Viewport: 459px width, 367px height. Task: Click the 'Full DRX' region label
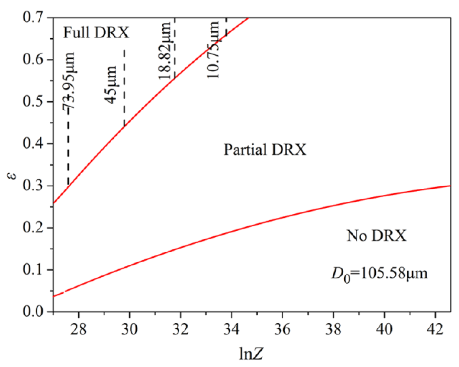(96, 32)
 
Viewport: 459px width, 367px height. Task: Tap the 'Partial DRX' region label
(265, 150)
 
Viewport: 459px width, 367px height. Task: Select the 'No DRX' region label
(376, 236)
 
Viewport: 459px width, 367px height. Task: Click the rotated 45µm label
(111, 85)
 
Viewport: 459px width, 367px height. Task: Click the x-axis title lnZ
(251, 353)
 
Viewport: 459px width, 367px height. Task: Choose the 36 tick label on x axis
(282, 329)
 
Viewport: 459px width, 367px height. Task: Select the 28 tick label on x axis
(78, 329)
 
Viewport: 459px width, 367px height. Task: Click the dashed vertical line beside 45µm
(124, 88)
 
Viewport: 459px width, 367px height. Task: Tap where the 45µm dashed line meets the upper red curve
(124, 126)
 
